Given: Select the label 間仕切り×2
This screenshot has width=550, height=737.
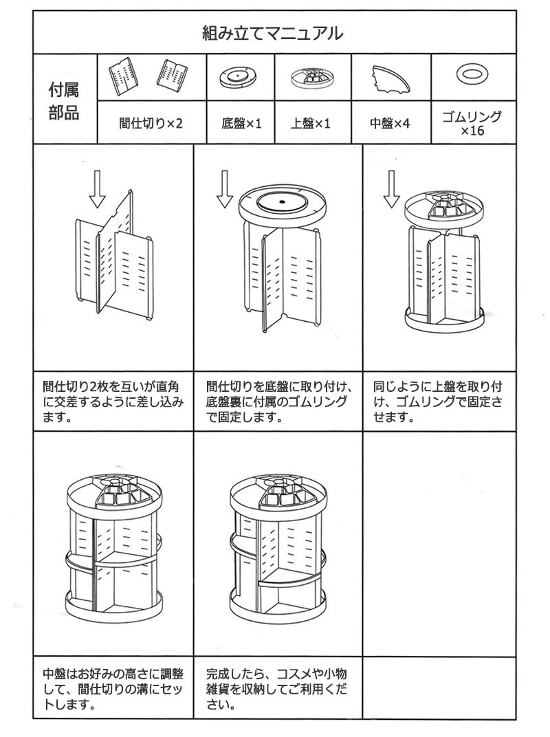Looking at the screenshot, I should (x=151, y=124).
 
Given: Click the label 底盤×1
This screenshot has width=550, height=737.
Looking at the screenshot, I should (x=241, y=124).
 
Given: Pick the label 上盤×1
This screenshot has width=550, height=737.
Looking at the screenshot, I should (x=311, y=124).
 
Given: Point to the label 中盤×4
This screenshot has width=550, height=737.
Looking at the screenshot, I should (x=390, y=124).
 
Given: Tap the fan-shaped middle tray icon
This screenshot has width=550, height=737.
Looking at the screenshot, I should (x=390, y=78).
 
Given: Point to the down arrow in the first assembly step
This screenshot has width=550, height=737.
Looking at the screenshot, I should (x=98, y=189).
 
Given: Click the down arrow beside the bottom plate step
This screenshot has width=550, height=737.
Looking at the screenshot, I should (x=225, y=189).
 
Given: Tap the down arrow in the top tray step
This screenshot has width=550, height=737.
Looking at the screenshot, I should (x=391, y=189).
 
